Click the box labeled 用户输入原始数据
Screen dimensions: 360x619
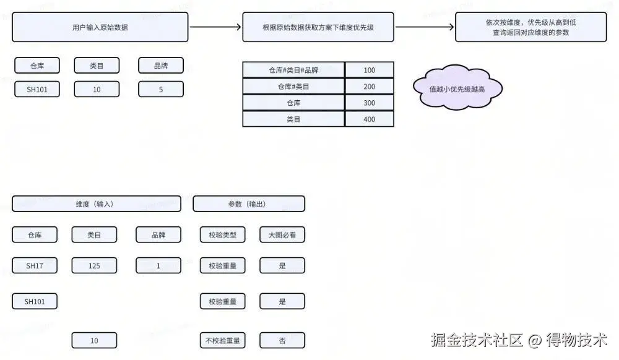point(100,27)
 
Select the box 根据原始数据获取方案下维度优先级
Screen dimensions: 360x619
point(318,27)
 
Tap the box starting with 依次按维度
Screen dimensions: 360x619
point(530,27)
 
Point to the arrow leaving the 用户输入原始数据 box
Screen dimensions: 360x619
point(215,27)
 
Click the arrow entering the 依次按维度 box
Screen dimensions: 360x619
point(424,27)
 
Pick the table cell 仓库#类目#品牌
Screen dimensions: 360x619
point(293,70)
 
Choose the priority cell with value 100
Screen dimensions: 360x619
point(369,70)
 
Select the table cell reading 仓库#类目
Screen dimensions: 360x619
point(293,87)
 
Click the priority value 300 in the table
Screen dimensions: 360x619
point(369,103)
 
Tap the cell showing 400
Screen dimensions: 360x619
point(369,119)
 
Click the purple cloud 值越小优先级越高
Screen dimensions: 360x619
point(457,89)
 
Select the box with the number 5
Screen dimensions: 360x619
point(161,89)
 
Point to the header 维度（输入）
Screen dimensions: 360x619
point(97,204)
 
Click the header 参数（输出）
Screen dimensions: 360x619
point(249,204)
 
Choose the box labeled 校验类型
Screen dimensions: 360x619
point(223,234)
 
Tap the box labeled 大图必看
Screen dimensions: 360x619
point(282,234)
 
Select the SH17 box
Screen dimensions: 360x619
point(35,265)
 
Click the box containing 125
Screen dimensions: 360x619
point(94,265)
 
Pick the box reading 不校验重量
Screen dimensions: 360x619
point(223,340)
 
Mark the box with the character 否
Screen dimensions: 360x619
point(282,340)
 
